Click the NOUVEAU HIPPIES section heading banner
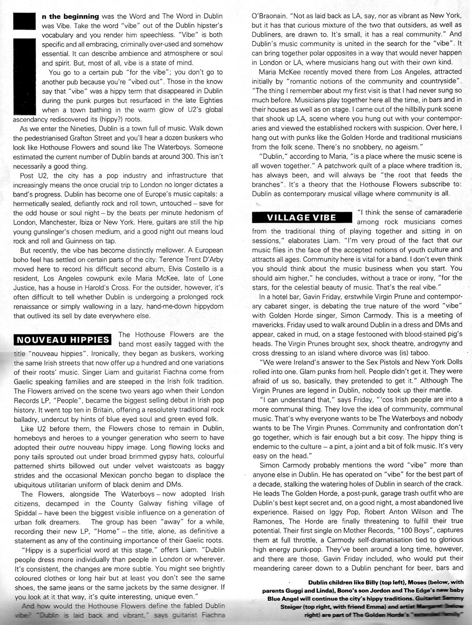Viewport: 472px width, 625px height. [63, 340]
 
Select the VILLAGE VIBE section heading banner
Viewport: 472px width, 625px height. [302, 217]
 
